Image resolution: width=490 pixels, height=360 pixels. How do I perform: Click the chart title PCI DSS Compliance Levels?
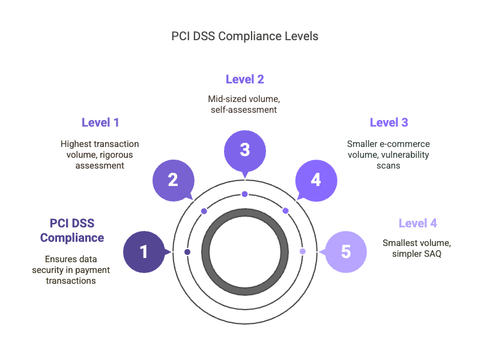[x=244, y=36]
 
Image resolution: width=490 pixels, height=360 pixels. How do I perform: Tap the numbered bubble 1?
[x=144, y=251]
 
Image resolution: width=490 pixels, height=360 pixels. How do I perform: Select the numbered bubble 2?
[x=174, y=181]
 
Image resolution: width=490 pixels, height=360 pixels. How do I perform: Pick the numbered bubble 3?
[x=245, y=151]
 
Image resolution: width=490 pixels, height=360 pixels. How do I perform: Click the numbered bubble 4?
[x=316, y=181]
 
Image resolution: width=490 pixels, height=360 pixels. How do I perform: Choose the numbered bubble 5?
[x=346, y=251]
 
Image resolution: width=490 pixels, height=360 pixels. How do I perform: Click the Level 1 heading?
[x=100, y=122]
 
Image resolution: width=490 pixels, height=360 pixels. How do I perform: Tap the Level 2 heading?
[x=244, y=79]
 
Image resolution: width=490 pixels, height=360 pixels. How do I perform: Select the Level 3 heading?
[x=389, y=122]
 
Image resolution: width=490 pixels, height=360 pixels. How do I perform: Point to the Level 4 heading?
[x=418, y=223]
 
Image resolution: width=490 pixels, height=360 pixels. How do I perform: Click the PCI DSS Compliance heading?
[x=72, y=230]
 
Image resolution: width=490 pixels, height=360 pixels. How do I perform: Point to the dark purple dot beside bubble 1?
[x=187, y=252]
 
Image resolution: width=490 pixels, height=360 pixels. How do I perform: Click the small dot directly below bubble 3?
[x=244, y=194]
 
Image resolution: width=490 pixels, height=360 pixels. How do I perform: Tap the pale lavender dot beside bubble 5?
[x=303, y=251]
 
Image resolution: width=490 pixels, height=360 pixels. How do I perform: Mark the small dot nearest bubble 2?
[x=204, y=211]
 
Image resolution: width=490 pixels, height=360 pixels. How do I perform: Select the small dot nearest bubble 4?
[x=285, y=211]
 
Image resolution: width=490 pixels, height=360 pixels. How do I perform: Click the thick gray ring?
[x=245, y=212]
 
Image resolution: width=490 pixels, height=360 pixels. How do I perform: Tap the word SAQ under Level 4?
[x=432, y=254]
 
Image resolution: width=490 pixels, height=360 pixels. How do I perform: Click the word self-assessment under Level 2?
[x=244, y=110]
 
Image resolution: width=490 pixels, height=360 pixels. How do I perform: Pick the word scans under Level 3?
[x=389, y=166]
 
